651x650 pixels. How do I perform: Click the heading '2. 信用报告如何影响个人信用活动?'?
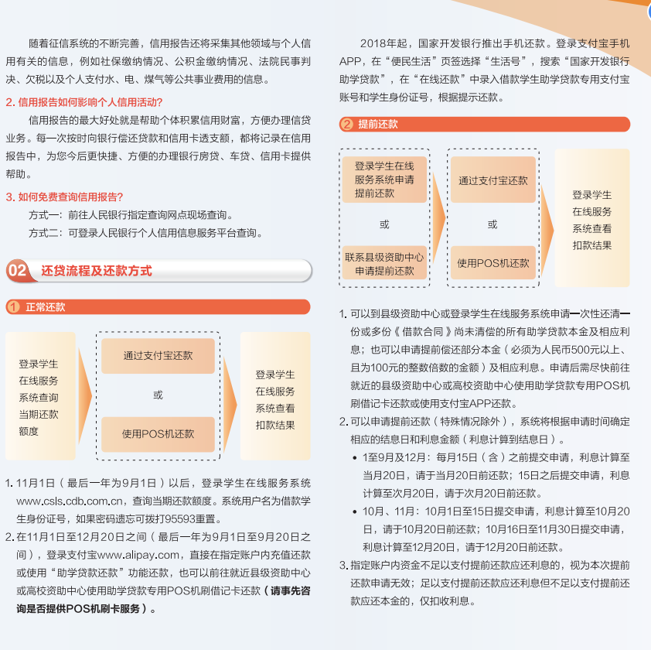(x=84, y=102)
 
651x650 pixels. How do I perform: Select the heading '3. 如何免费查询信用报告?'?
(x=64, y=197)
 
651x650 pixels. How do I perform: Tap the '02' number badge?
(x=17, y=271)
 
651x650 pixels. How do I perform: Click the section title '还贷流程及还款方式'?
(x=97, y=271)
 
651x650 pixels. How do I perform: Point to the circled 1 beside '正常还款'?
(x=13, y=307)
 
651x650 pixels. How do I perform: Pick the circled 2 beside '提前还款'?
(x=346, y=124)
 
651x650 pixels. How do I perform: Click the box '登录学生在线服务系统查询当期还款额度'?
(x=40, y=395)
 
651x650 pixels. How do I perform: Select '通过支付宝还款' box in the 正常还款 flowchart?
(x=158, y=356)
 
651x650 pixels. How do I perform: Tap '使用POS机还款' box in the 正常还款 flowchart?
(x=158, y=434)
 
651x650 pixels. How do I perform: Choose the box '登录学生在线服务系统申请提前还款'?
(x=384, y=180)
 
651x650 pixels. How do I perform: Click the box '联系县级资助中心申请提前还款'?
(x=384, y=264)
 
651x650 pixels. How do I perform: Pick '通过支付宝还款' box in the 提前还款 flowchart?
(x=493, y=180)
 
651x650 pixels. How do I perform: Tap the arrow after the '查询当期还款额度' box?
(x=85, y=395)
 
